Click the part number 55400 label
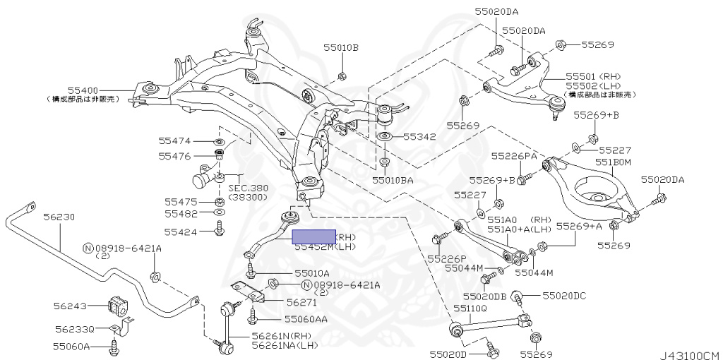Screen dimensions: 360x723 pyautogui.click(x=83, y=90)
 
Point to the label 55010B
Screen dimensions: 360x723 pyautogui.click(x=341, y=48)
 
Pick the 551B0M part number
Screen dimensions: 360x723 pyautogui.click(x=612, y=162)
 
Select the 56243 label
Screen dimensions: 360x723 pyautogui.click(x=70, y=306)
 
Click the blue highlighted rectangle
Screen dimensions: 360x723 pyautogui.click(x=315, y=237)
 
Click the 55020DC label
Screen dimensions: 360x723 pyautogui.click(x=563, y=296)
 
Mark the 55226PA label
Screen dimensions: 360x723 pyautogui.click(x=514, y=155)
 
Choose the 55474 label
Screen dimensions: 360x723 pyautogui.click(x=174, y=141)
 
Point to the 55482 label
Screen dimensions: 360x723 pyautogui.click(x=181, y=212)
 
